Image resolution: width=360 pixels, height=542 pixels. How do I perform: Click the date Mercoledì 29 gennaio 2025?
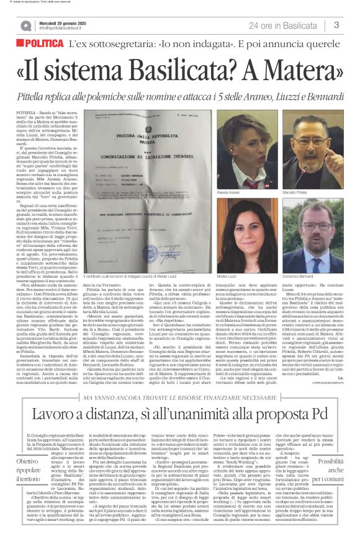point(64,22)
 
